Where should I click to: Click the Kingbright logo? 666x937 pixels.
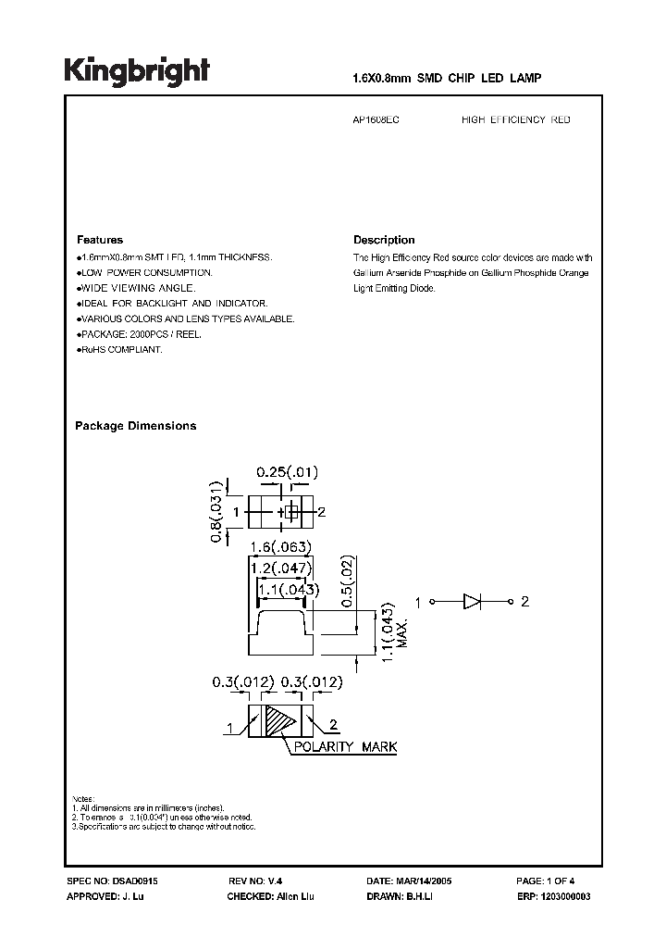136,71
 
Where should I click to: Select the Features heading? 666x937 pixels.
99,240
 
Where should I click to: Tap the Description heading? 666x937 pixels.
384,240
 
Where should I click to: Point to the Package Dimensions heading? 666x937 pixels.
135,426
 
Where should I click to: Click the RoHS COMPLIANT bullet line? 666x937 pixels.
119,350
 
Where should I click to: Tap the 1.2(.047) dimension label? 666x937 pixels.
283,567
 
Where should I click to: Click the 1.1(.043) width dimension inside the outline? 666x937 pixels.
287,589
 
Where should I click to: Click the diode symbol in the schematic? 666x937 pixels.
472,603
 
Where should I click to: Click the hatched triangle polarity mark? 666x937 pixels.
277,721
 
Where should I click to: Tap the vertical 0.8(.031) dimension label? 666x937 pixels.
216,511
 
